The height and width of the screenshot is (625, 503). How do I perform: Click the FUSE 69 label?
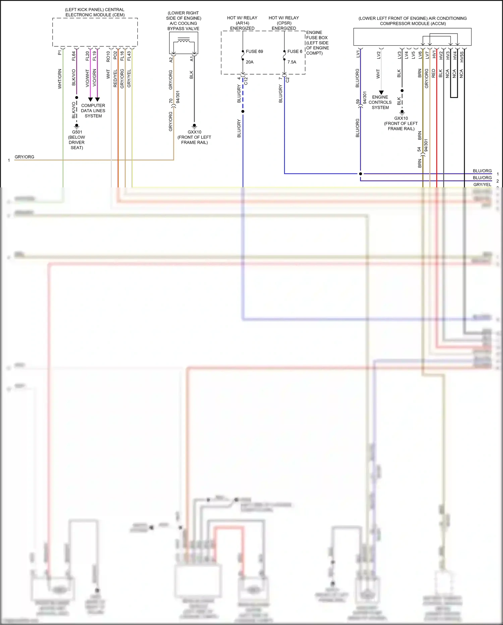(254, 51)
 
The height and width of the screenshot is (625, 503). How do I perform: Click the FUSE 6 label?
(295, 51)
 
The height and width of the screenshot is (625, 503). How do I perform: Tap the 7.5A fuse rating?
(292, 62)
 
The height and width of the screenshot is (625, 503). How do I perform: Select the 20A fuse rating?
(249, 62)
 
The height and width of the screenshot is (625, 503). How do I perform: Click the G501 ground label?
(77, 132)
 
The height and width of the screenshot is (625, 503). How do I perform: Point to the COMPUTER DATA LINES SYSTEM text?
(93, 110)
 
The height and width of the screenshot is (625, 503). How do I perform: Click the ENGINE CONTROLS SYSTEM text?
(380, 102)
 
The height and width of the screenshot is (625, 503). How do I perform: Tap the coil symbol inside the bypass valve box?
(183, 41)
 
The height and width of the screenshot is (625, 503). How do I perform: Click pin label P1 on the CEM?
(60, 53)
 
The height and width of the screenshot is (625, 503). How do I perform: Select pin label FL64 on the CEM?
(74, 56)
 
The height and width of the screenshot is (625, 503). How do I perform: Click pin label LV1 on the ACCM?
(358, 54)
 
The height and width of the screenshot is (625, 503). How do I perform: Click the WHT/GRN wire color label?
(60, 79)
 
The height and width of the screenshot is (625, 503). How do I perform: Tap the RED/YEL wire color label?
(115, 79)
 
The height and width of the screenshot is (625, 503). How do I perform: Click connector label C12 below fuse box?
(246, 81)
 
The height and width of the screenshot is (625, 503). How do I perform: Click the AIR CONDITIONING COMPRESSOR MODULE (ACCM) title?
(412, 21)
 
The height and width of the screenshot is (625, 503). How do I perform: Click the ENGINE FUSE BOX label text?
(317, 43)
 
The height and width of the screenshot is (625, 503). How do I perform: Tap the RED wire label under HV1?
(433, 73)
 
